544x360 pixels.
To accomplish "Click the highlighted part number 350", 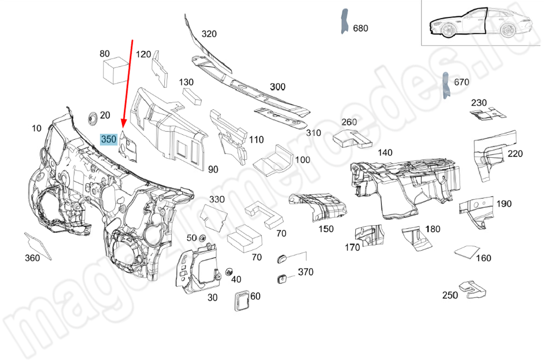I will click(109, 140).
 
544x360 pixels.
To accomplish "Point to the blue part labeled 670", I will click(446, 86).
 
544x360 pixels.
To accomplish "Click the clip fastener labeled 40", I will click(228, 271).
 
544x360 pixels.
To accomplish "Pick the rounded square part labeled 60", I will click(241, 300).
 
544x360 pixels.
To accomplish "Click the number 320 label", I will click(209, 34).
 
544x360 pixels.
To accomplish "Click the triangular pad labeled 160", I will click(466, 252).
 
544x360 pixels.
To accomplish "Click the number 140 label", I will click(385, 153).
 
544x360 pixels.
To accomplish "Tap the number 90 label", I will click(213, 169).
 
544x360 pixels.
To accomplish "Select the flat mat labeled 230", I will click(486, 113).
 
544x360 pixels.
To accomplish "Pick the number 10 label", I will click(36, 128).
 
